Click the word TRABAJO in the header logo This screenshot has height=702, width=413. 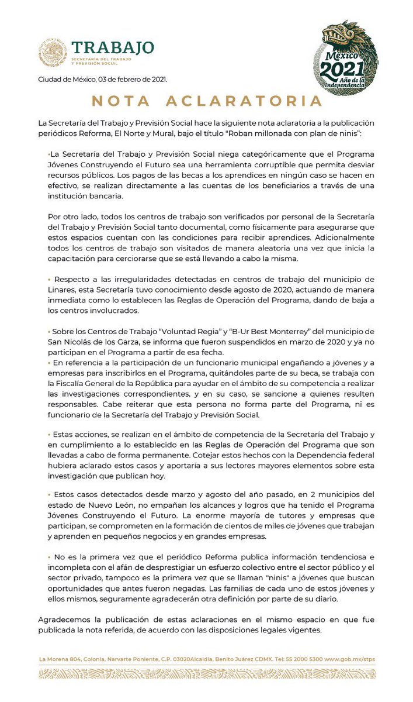click(x=113, y=47)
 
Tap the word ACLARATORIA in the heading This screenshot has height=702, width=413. click(x=244, y=101)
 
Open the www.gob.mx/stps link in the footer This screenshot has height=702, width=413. click(x=350, y=659)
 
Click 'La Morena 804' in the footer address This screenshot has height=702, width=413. click(x=58, y=659)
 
